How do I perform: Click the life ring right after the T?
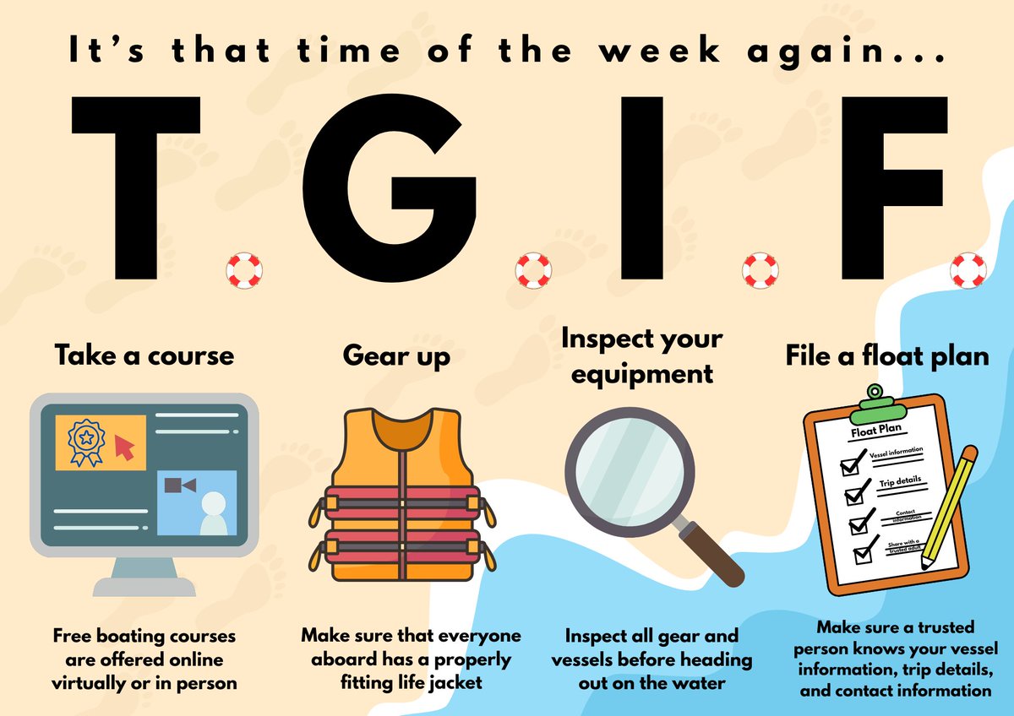(244, 270)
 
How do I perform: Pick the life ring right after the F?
(967, 270)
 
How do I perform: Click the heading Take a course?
(144, 355)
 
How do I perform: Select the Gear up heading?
(396, 355)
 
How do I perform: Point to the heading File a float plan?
(887, 355)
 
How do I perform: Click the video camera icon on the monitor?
(180, 485)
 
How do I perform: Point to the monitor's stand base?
(144, 585)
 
